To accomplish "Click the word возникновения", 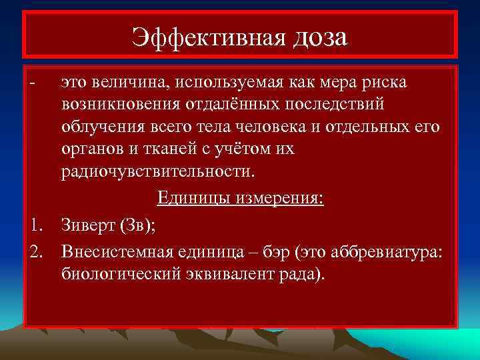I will pos(117,105).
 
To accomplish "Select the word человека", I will pos(256,127).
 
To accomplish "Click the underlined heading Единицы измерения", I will pos(241,199).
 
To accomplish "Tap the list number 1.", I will pos(35,227).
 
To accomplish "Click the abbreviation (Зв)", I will pos(138,227).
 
